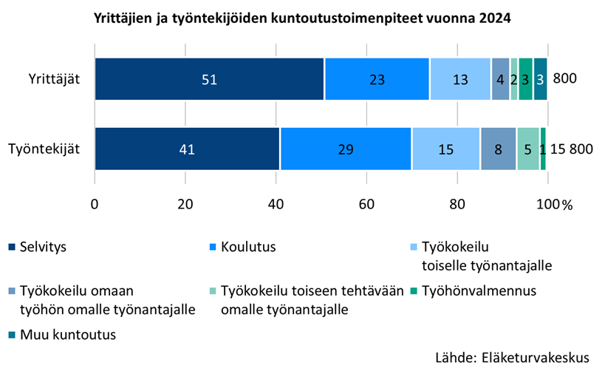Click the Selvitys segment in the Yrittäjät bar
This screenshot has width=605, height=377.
click(x=209, y=78)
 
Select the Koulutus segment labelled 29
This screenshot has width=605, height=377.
click(x=346, y=149)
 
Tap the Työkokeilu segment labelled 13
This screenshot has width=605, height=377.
click(x=460, y=78)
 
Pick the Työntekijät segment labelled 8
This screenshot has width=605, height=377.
click(x=499, y=149)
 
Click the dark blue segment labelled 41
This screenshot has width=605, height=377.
click(x=187, y=149)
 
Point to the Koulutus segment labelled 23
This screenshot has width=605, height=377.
click(x=377, y=78)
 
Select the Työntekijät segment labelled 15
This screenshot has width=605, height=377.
click(x=446, y=149)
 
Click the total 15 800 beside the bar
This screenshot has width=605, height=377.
click(x=571, y=149)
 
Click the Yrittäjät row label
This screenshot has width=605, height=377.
click(x=54, y=78)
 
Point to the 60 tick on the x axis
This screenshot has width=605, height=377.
click(x=367, y=205)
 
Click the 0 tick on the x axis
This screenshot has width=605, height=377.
click(x=95, y=205)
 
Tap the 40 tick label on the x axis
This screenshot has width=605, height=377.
click(x=276, y=205)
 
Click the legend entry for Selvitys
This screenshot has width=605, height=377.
click(x=44, y=247)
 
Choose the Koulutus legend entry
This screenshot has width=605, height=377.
click(x=248, y=247)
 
